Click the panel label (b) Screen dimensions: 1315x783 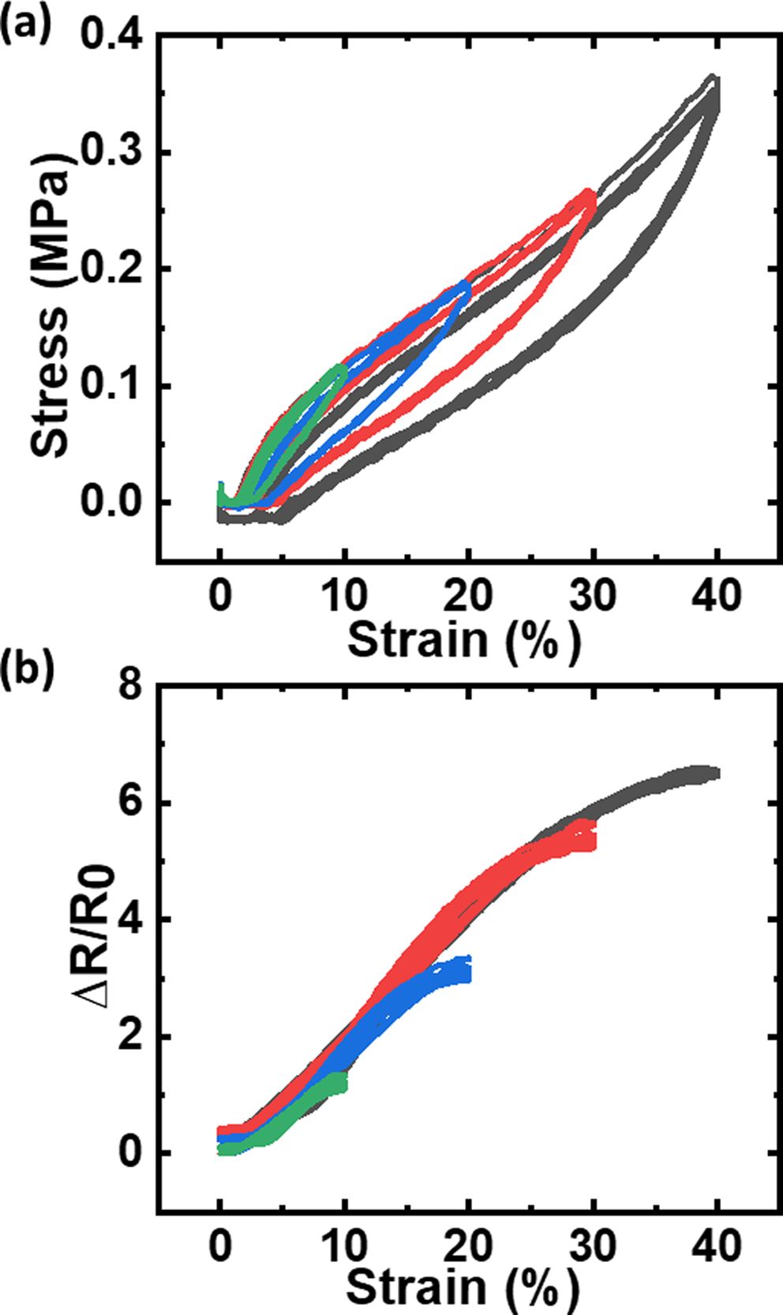point(26,666)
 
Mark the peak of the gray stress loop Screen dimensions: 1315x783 point(714,80)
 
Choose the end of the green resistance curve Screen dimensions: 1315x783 point(342,1081)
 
